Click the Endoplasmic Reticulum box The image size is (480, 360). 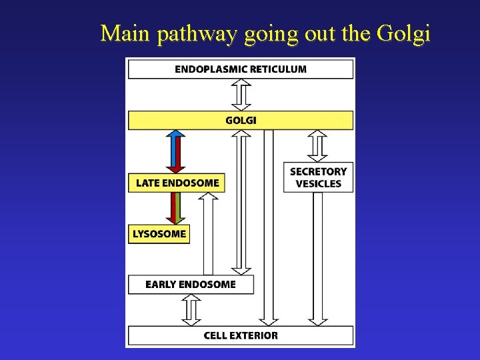click(x=241, y=69)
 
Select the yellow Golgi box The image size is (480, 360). click(x=241, y=121)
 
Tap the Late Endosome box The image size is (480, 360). click(x=177, y=183)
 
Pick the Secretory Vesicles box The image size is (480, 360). click(x=318, y=177)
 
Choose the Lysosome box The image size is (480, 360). click(x=159, y=234)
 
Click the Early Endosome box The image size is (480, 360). click(x=191, y=285)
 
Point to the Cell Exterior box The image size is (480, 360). click(x=241, y=335)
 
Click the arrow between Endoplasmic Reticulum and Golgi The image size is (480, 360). click(x=241, y=95)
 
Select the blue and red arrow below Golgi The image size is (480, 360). click(x=176, y=151)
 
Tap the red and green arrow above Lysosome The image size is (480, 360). click(x=176, y=208)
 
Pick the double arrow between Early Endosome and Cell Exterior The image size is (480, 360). click(x=191, y=310)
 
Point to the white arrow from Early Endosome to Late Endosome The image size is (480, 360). click(x=209, y=233)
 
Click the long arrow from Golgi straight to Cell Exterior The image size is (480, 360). click(x=269, y=227)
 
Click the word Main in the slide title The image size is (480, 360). click(x=126, y=33)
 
